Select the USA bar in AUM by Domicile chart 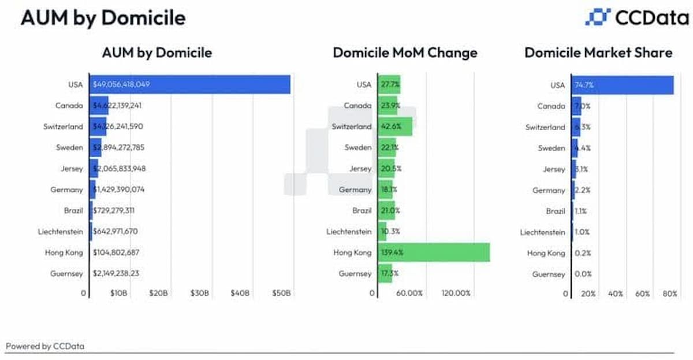(x=190, y=84)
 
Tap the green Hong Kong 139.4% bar (x=434, y=253)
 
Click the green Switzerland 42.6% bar (x=396, y=127)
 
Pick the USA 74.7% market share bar (x=623, y=85)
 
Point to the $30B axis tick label (x=199, y=294)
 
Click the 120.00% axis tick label (x=456, y=294)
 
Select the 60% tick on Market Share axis (x=643, y=294)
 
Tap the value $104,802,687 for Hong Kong (x=116, y=253)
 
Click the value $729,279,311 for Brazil (x=114, y=210)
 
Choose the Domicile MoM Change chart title (x=405, y=53)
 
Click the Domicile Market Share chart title (x=598, y=53)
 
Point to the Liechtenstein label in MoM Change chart (x=348, y=232)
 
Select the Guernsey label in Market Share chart (x=549, y=274)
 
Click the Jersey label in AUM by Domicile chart (x=72, y=169)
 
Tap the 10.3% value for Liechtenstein (x=390, y=232)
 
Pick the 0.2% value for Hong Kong (x=583, y=253)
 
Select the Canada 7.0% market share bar (x=576, y=106)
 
